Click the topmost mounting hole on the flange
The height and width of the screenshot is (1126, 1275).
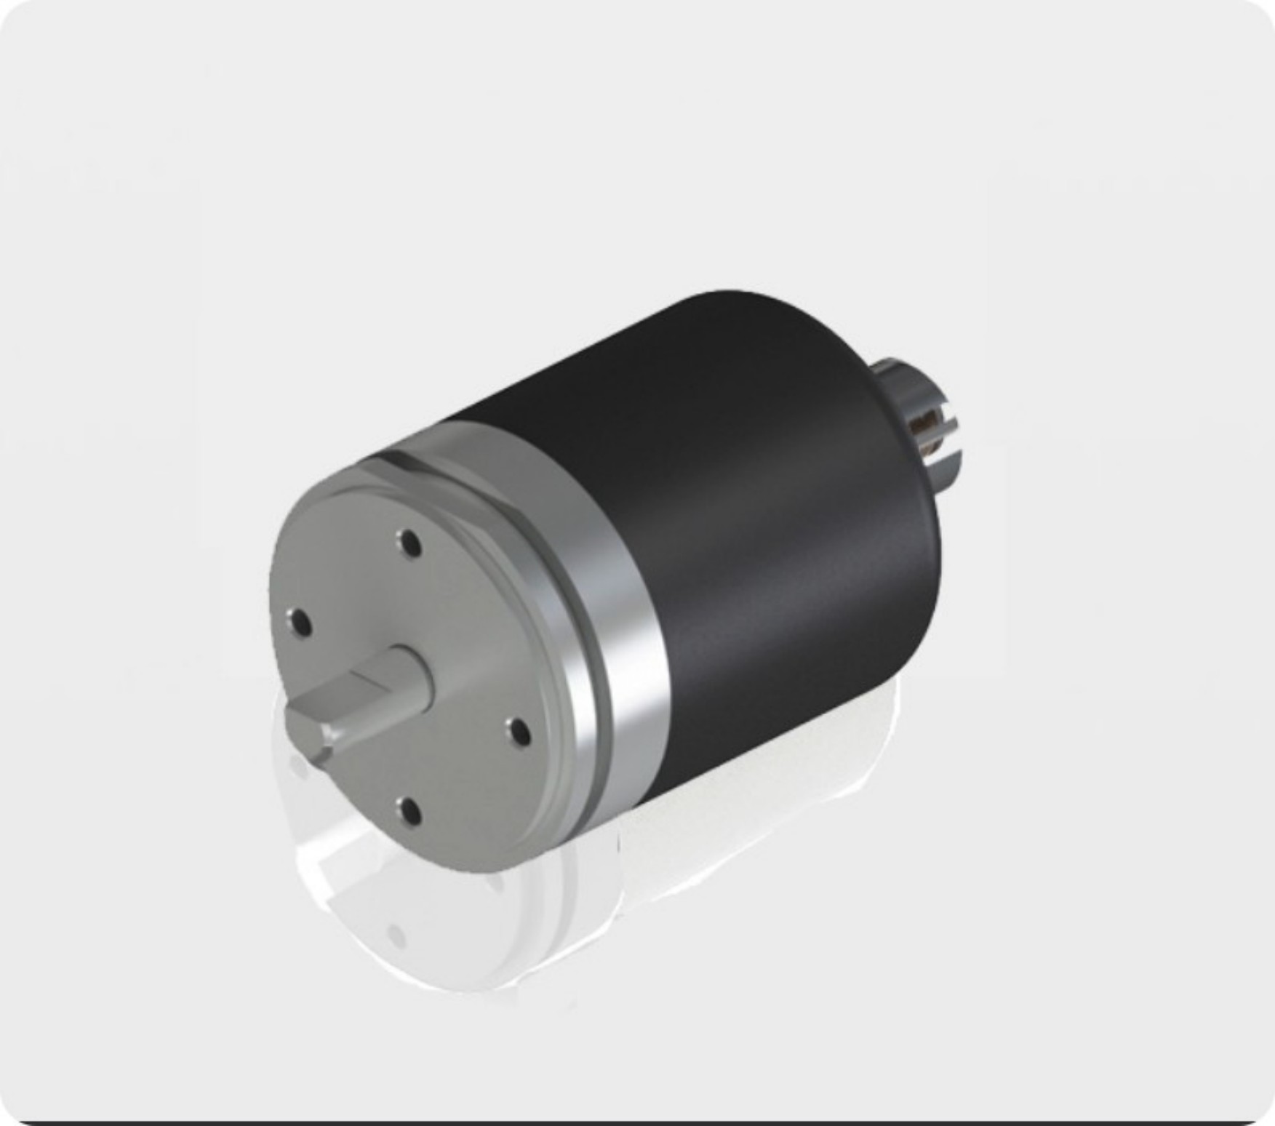click(409, 543)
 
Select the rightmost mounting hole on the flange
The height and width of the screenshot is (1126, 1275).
click(519, 731)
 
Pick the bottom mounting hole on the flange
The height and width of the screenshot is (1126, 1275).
click(409, 810)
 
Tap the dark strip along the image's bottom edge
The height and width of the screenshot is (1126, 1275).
click(637, 1122)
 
